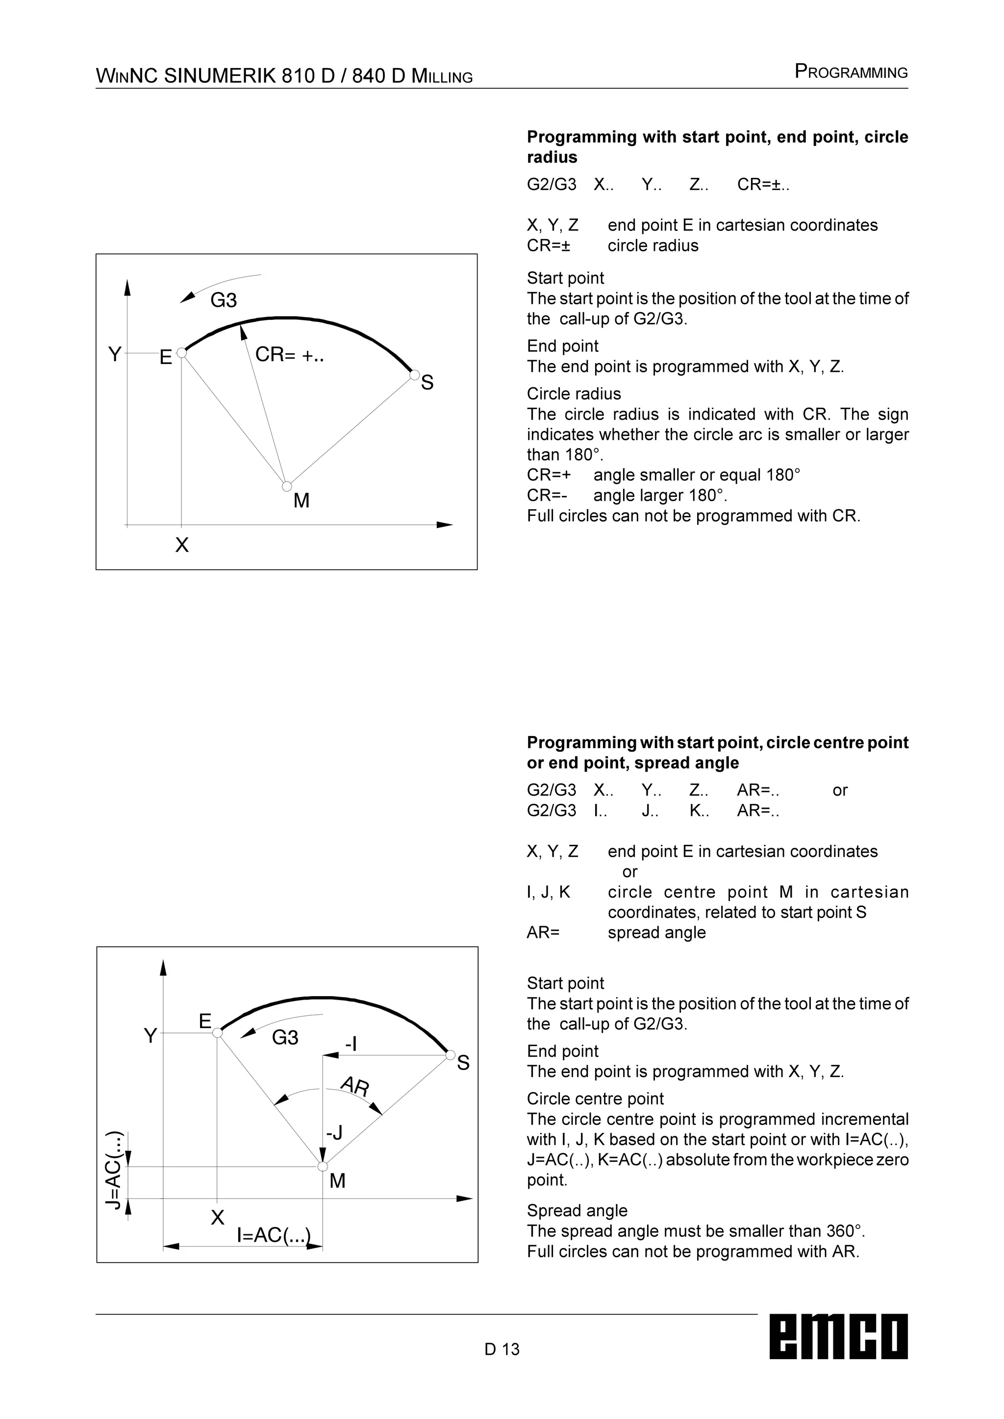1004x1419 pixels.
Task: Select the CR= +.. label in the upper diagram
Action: pyautogui.click(x=289, y=355)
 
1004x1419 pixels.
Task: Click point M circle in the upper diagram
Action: pyautogui.click(x=287, y=487)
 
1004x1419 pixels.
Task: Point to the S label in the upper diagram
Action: pyautogui.click(x=427, y=383)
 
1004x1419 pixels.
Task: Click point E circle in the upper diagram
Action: pyautogui.click(x=181, y=352)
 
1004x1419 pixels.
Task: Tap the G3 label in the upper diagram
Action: pyautogui.click(x=223, y=300)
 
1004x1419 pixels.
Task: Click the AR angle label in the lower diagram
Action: pyautogui.click(x=355, y=1086)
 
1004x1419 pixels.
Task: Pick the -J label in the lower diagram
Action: pyautogui.click(x=334, y=1133)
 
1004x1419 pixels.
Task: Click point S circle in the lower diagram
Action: pyautogui.click(x=451, y=1054)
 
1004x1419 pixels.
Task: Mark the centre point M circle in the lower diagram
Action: pyautogui.click(x=322, y=1166)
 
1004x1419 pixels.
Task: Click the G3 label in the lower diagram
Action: pyautogui.click(x=285, y=1038)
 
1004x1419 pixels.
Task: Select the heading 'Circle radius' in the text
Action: pyautogui.click(x=574, y=393)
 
